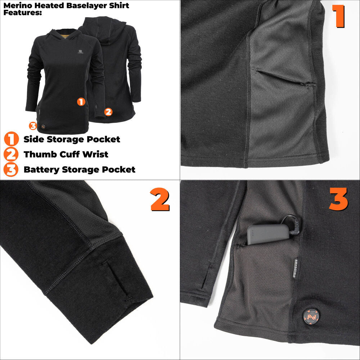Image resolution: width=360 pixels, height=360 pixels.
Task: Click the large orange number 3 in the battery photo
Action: [x=338, y=199]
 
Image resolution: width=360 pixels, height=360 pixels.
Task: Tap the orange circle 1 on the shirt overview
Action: [x=81, y=102]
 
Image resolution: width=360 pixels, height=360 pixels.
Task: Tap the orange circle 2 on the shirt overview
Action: [x=108, y=112]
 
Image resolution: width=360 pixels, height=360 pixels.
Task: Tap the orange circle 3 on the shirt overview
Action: [x=33, y=126]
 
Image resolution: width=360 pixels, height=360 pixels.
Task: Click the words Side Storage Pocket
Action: [x=72, y=139]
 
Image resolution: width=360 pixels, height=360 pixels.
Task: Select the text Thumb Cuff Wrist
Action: [x=66, y=154]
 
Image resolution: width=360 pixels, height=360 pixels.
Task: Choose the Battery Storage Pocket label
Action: [x=80, y=170]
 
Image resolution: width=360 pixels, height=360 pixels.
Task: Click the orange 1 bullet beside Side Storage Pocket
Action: [x=11, y=139]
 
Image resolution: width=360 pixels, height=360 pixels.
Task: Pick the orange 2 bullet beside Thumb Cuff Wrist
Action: [x=11, y=154]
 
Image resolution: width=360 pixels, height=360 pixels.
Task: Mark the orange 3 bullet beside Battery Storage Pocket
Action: [x=11, y=170]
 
